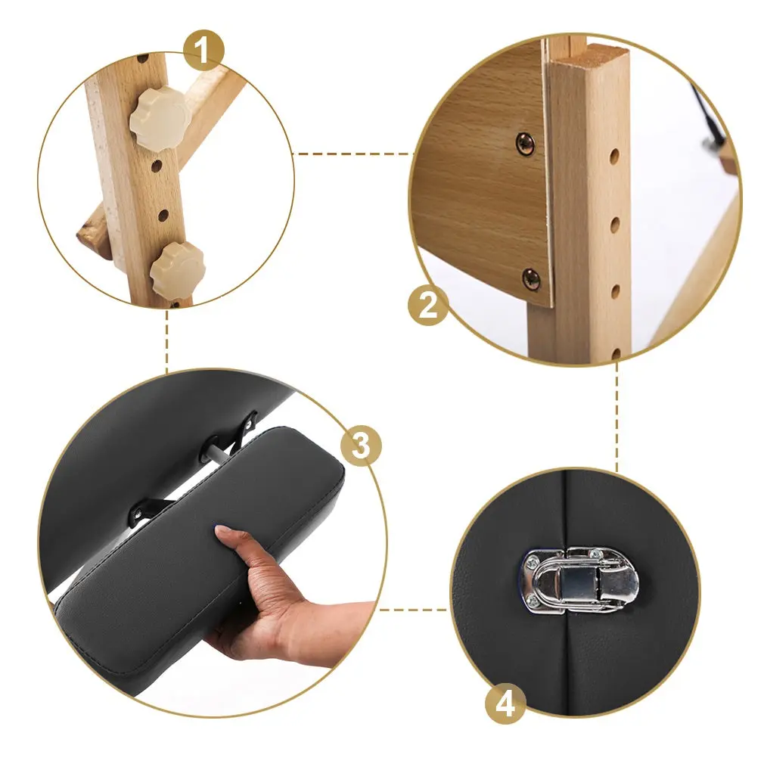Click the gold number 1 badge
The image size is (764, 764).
[x=203, y=50]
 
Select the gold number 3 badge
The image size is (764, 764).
[x=361, y=445]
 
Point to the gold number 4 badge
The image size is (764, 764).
[x=505, y=704]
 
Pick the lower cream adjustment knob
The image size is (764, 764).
[x=177, y=268]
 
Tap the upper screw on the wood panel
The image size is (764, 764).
[x=525, y=144]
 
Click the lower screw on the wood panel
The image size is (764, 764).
[x=531, y=279]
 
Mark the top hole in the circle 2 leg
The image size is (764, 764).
[x=614, y=156]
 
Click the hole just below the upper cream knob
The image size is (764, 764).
[x=157, y=167]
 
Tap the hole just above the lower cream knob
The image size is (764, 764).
[x=163, y=215]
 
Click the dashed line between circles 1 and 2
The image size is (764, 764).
[x=353, y=154]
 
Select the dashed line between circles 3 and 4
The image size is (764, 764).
[x=414, y=610]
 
